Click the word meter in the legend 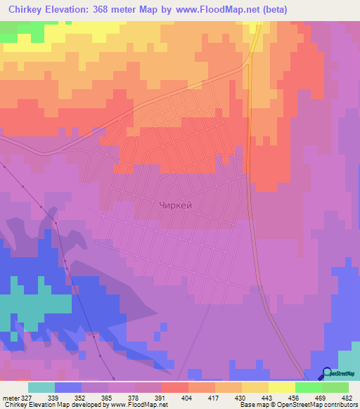coord(12,397)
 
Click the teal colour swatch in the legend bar coord(41,387)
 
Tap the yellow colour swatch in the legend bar coord(281,387)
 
